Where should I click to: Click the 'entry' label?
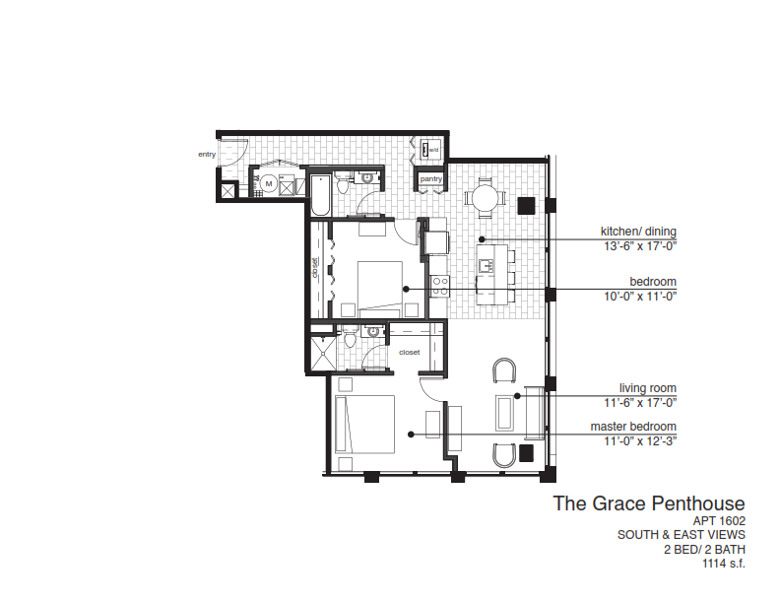point(206,154)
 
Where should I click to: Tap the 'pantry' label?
point(431,179)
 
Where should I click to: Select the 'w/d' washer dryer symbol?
point(430,150)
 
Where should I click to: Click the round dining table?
point(485,198)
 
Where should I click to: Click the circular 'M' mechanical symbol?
point(267,182)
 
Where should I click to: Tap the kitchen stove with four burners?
point(439,285)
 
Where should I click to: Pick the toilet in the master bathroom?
point(350,340)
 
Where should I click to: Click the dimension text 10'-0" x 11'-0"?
point(639,296)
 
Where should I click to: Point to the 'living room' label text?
point(648,388)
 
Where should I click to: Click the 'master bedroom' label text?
point(634,426)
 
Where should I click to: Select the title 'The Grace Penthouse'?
point(648,503)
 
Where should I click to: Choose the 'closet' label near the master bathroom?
point(410,351)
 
